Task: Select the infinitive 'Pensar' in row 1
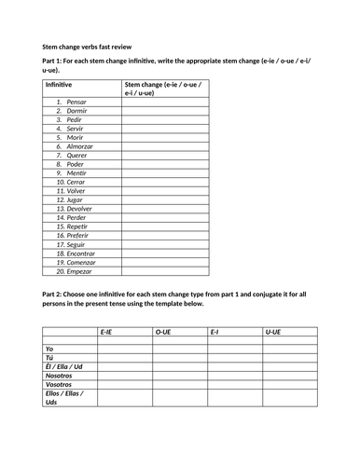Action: (76, 101)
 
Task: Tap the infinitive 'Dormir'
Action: (76, 110)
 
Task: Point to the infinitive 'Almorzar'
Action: (80, 146)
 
